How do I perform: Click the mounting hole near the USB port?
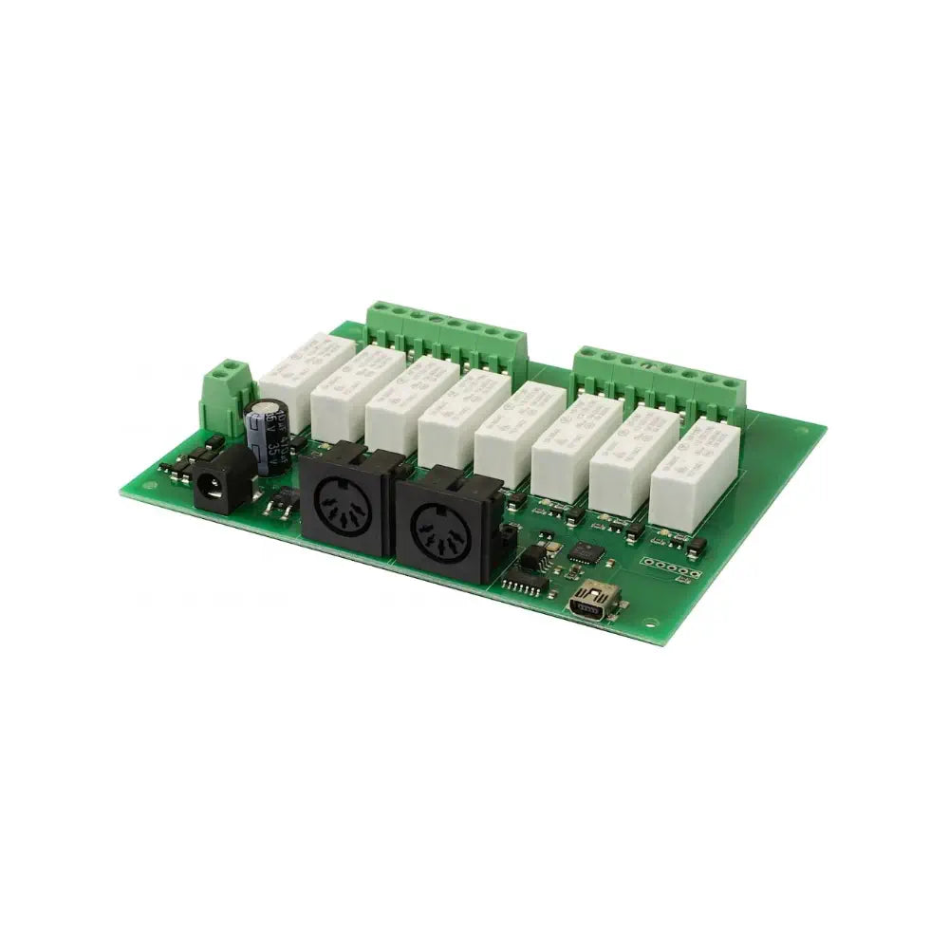649,623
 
